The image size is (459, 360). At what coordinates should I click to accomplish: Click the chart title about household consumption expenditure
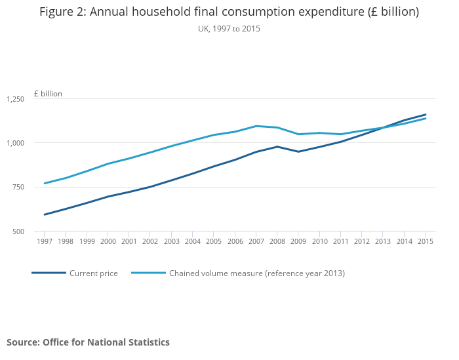point(229,12)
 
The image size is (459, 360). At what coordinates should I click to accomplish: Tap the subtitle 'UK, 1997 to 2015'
point(229,29)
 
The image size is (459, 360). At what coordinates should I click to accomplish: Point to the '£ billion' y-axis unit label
point(48,94)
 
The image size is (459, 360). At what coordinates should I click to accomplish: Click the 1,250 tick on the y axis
point(15,99)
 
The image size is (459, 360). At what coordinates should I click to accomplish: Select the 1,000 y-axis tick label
point(15,143)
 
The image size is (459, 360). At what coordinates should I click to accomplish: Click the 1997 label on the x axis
point(44,242)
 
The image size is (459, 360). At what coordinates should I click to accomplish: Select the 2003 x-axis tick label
point(171,242)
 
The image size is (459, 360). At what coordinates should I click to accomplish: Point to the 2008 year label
point(277,242)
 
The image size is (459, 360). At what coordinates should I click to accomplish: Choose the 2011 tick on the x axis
point(341,242)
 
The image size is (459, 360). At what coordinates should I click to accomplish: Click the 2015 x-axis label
point(426,242)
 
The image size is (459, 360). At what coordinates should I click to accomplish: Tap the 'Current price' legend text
point(94,273)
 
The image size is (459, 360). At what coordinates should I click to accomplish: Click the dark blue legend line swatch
point(49,273)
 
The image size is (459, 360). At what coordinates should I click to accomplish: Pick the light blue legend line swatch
point(148,273)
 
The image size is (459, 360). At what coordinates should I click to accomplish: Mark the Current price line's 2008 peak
point(277,146)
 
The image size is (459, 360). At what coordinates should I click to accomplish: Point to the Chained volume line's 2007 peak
point(256,126)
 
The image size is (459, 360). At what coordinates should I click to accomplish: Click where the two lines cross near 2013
point(383,127)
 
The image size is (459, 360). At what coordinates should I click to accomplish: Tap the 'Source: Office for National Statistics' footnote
point(88,342)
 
